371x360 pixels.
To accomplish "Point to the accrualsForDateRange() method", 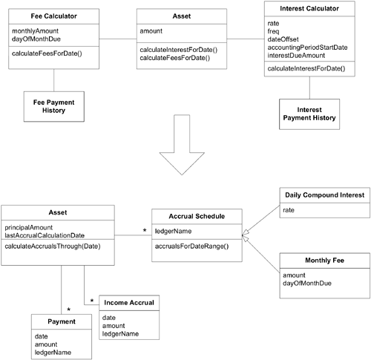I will [x=191, y=246].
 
